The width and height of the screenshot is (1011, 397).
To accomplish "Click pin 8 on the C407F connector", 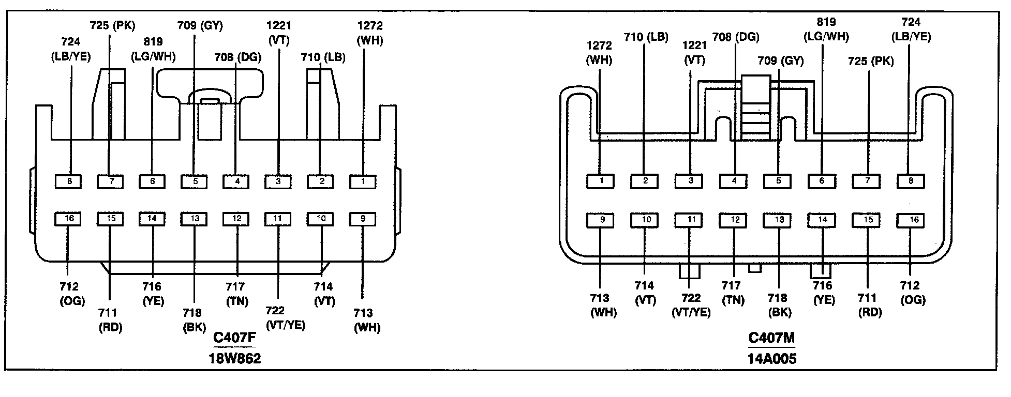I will (68, 181).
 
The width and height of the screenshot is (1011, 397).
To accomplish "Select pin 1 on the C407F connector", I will (362, 181).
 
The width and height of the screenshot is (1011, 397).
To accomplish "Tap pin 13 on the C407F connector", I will (194, 219).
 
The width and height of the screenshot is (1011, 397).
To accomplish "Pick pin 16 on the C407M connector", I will (911, 220).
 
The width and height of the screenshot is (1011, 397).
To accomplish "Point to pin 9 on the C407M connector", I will (600, 220).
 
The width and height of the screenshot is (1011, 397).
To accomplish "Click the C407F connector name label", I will (234, 338).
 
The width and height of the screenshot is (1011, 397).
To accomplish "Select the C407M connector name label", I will (771, 338).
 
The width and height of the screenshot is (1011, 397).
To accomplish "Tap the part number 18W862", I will (234, 358).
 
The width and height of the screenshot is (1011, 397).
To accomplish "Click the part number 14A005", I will (771, 358).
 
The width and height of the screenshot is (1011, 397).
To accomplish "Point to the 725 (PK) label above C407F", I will (112, 25).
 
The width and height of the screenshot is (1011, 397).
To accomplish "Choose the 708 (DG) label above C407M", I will (735, 37).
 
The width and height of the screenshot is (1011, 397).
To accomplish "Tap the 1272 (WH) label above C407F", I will (370, 33).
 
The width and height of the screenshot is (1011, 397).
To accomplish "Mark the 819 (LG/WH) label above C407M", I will (825, 29).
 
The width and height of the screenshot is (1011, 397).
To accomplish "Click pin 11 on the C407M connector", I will (689, 220).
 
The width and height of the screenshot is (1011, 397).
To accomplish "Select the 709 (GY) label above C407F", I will (200, 25).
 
